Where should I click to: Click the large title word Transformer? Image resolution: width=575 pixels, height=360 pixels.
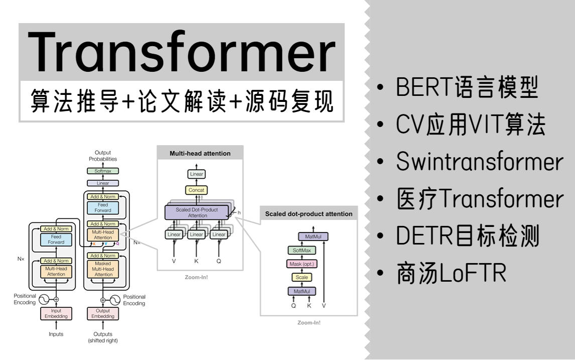182,51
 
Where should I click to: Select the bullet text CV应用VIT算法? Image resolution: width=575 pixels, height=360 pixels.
470,125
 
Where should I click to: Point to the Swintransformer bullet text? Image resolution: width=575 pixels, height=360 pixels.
480,162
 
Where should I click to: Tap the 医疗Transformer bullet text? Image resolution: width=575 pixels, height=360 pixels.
480,199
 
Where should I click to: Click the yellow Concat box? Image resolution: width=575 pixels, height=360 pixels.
196,190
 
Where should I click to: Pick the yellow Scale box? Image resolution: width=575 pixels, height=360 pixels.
302,277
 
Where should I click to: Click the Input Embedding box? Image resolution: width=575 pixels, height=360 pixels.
56,314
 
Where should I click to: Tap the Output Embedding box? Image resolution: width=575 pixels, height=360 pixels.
103,314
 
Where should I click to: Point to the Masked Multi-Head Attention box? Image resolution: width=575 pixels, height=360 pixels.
103,269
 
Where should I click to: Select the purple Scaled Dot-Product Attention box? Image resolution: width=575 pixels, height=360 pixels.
197,212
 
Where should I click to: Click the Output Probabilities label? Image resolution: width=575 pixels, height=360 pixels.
103,156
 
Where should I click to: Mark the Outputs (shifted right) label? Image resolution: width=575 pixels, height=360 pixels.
103,337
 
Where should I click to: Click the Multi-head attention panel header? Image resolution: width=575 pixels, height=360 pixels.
200,153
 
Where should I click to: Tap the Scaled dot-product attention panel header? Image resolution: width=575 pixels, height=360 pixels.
309,214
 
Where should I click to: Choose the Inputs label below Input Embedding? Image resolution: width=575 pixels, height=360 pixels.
56,334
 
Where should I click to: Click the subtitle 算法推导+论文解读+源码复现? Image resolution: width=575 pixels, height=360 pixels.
182,101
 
